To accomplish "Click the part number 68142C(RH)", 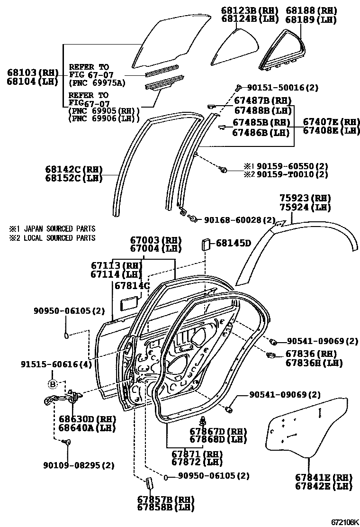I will (74, 169).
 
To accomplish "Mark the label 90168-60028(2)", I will (240, 220).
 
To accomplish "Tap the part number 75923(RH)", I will (305, 199).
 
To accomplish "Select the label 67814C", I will (132, 286).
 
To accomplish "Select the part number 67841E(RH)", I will (324, 478).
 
